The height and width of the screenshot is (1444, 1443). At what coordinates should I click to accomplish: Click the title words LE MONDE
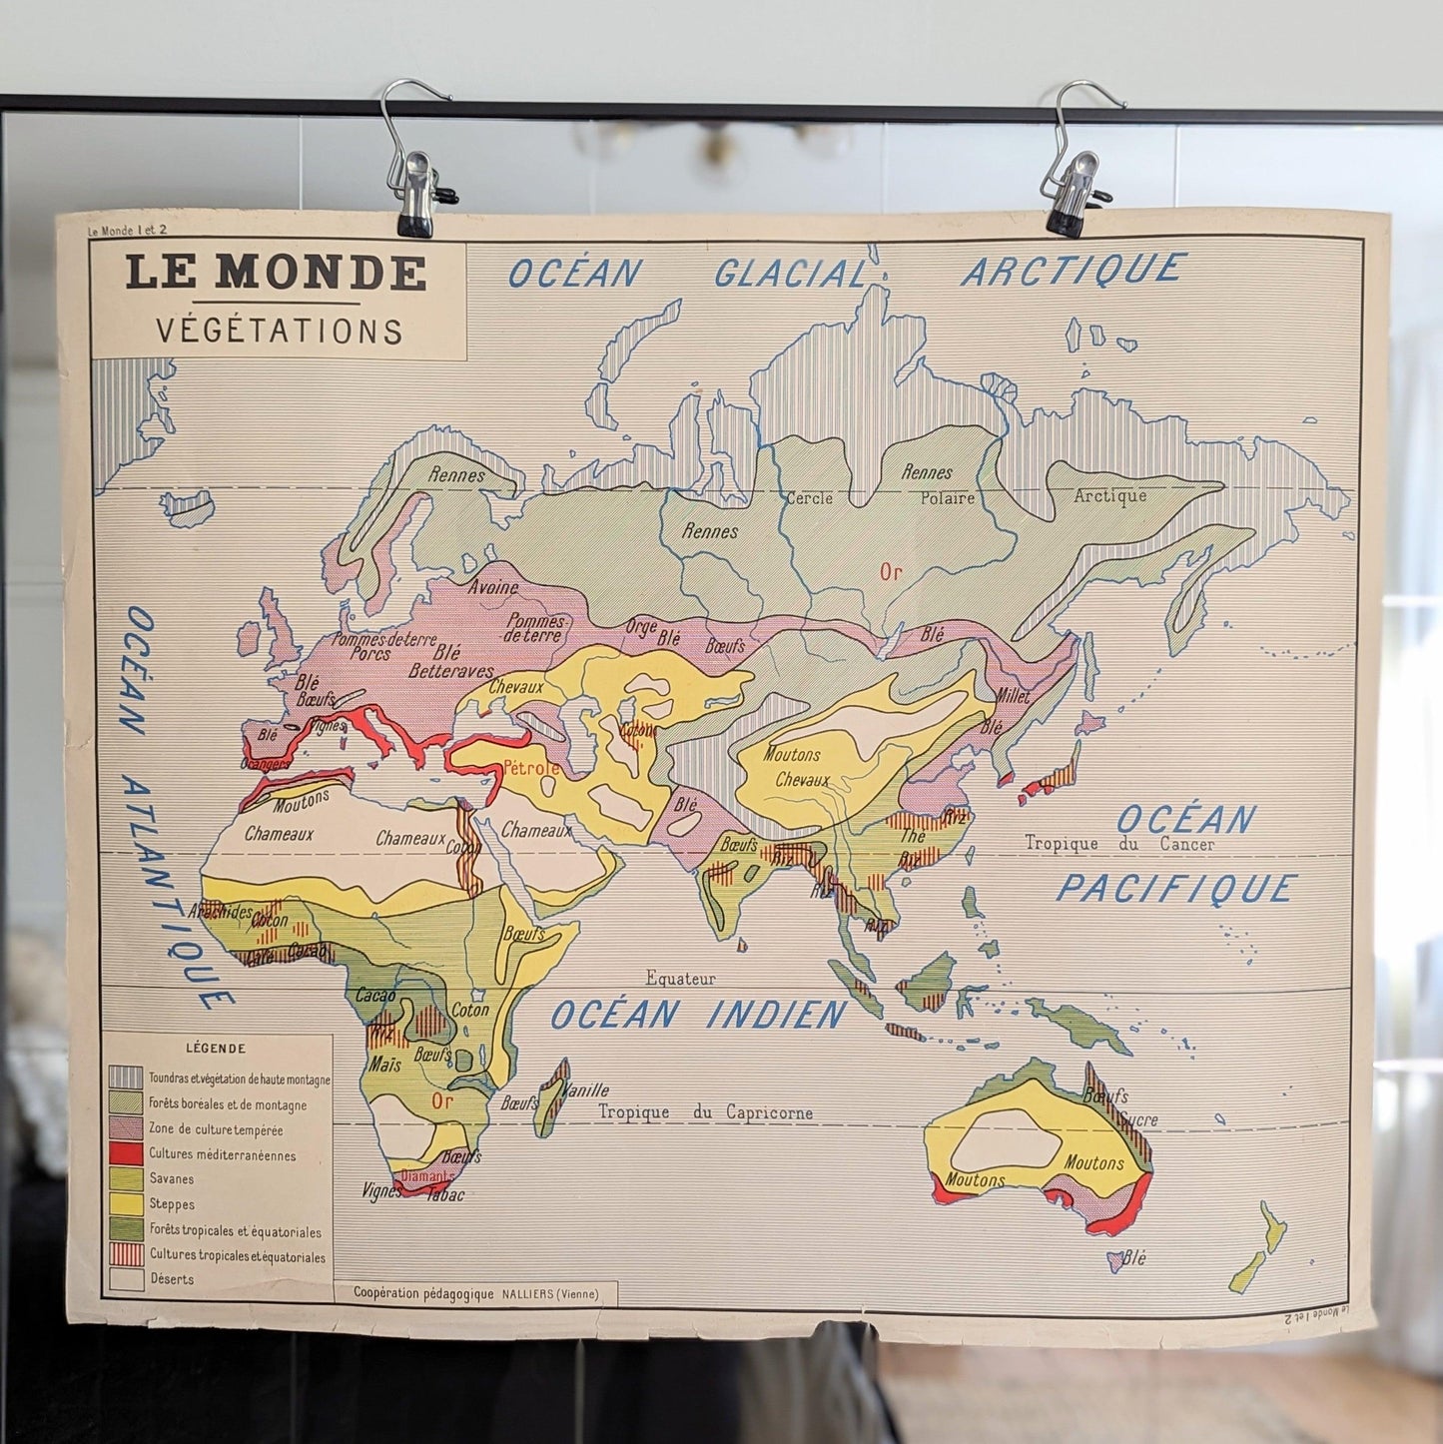point(276,273)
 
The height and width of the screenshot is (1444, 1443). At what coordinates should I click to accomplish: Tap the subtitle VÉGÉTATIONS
point(279,331)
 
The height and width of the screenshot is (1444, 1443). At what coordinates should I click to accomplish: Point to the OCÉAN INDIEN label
point(698,1016)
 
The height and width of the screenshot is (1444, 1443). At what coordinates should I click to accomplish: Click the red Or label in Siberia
point(891,572)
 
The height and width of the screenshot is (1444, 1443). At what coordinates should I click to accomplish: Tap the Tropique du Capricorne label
point(705,1112)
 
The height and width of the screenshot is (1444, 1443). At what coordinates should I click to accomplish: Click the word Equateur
point(680,980)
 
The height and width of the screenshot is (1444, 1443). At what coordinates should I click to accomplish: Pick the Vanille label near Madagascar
point(586,1090)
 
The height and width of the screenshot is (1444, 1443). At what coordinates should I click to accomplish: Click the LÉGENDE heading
point(215,1049)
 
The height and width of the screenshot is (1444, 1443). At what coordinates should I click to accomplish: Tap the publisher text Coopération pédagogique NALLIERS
point(475,1293)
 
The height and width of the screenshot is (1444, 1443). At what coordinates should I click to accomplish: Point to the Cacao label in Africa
point(376,996)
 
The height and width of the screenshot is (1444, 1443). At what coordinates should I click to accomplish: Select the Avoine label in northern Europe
point(492,587)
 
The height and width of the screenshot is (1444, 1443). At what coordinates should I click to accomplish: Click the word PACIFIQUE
point(1176,888)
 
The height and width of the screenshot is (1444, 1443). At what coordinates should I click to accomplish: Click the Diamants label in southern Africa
point(423,1176)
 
